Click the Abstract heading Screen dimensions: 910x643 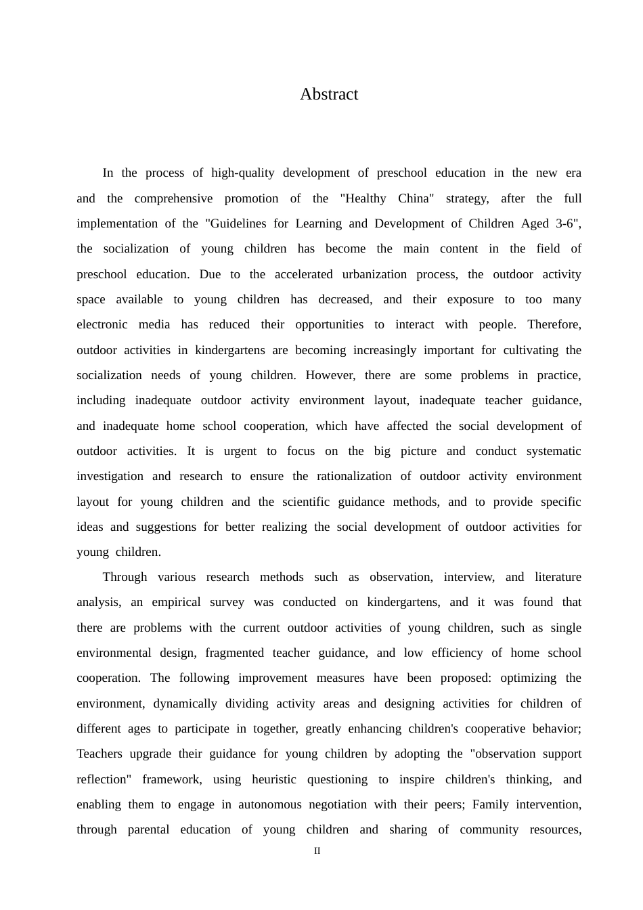point(329,94)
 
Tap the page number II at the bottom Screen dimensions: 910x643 point(317,851)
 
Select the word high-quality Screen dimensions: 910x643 point(242,173)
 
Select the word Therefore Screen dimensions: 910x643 point(554,325)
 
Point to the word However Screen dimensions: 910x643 point(330,376)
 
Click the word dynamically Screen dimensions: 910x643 point(185,704)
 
